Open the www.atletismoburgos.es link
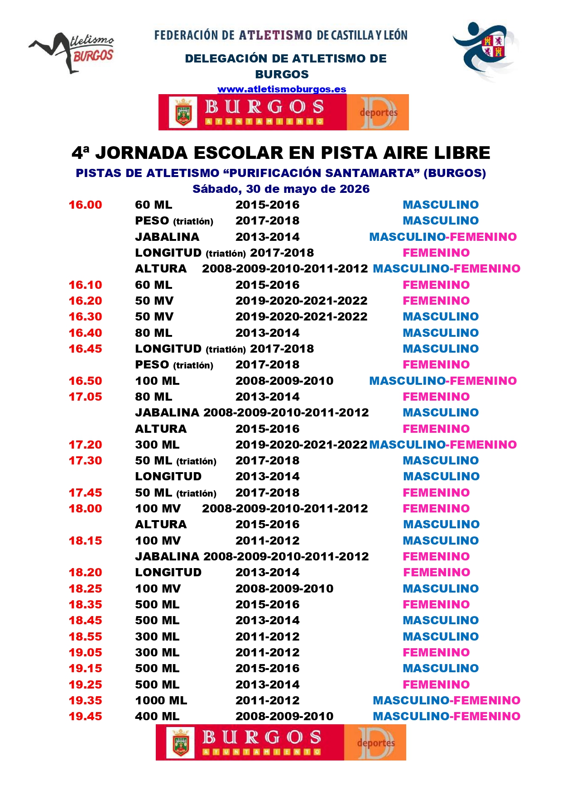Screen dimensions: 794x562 pos(282,89)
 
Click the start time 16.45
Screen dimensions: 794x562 pos(85,349)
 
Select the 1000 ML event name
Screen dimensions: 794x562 pos(161,700)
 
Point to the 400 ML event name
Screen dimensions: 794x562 pos(157,716)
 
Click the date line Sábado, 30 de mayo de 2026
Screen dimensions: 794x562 pos(281,189)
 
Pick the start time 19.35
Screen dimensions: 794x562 pos(85,700)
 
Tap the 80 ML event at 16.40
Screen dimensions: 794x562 pos(154,333)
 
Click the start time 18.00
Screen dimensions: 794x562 pos(85,508)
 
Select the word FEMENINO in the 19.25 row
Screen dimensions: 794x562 pos(436,684)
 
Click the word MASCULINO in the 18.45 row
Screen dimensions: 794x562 pos(441,620)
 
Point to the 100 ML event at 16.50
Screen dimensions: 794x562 pos(157,381)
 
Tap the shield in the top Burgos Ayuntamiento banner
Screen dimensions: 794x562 pos(183,112)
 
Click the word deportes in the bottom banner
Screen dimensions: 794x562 pos(375,743)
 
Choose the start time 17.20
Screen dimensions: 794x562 pos(85,445)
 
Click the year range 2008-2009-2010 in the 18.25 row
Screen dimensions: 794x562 pos(284,588)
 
